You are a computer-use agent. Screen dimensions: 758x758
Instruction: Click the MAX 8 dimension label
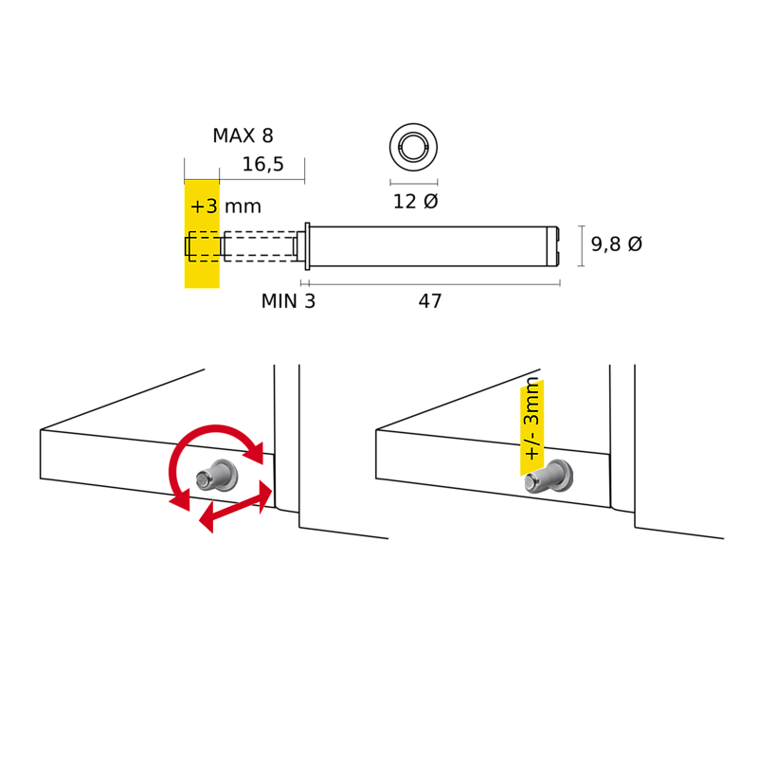[x=244, y=135]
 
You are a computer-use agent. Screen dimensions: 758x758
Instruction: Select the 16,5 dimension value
[x=263, y=164]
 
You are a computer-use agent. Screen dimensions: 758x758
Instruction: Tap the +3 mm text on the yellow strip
[x=226, y=207]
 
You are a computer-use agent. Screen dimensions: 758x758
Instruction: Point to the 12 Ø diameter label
[x=415, y=202]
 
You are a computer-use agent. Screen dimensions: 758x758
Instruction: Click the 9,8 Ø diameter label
[x=617, y=244]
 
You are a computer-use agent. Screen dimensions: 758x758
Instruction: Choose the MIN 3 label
[x=288, y=301]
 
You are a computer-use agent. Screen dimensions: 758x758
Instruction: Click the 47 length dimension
[x=430, y=301]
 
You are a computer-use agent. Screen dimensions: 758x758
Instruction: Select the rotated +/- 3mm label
[x=532, y=419]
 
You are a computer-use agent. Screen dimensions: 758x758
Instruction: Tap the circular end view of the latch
[x=414, y=147]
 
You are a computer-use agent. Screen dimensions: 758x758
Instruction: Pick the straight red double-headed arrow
[x=236, y=506]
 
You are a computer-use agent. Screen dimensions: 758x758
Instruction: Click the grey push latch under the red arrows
[x=217, y=476]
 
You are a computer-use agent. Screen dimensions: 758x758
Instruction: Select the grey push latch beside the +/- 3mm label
[x=549, y=477]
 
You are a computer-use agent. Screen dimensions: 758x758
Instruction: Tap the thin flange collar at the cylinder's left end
[x=307, y=246]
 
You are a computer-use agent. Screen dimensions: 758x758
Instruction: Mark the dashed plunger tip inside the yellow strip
[x=203, y=246]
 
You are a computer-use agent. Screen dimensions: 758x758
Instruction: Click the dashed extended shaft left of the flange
[x=259, y=246]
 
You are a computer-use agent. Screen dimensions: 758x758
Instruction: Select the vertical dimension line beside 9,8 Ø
[x=581, y=245]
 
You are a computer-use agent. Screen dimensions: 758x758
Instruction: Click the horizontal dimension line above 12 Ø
[x=414, y=183]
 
